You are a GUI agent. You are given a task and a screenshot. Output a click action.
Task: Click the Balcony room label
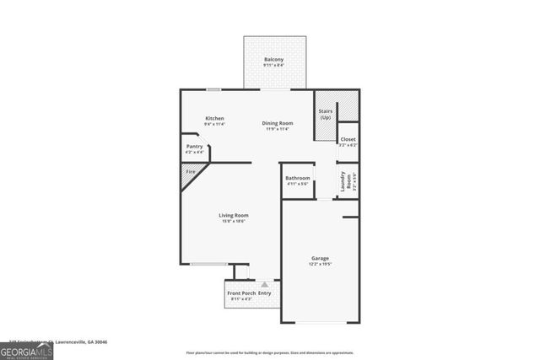tap(273, 59)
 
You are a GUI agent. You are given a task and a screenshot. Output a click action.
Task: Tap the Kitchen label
tap(214, 118)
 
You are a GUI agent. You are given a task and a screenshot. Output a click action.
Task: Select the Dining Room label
tap(278, 123)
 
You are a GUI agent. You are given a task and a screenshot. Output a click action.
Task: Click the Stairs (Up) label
tap(325, 114)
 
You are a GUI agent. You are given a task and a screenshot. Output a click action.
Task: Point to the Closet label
tap(348, 139)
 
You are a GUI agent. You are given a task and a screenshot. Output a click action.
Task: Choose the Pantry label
tap(194, 147)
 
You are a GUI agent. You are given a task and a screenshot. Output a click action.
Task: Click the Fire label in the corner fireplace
tap(191, 172)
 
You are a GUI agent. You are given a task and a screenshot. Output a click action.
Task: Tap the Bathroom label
tap(297, 178)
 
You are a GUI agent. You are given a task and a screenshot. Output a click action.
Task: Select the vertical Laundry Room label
tap(343, 183)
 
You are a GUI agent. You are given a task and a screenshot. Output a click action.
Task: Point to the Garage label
tap(319, 258)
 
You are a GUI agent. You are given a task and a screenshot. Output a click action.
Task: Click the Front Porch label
tap(241, 293)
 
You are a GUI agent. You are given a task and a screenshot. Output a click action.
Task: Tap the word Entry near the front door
tap(264, 293)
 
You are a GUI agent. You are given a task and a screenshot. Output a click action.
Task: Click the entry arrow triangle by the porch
tap(264, 285)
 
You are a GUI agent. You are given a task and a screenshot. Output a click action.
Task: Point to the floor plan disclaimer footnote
tap(270, 352)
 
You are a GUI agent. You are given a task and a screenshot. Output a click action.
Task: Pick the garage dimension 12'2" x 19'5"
tap(319, 264)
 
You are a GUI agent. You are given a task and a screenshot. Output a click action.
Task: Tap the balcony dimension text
tap(273, 65)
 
